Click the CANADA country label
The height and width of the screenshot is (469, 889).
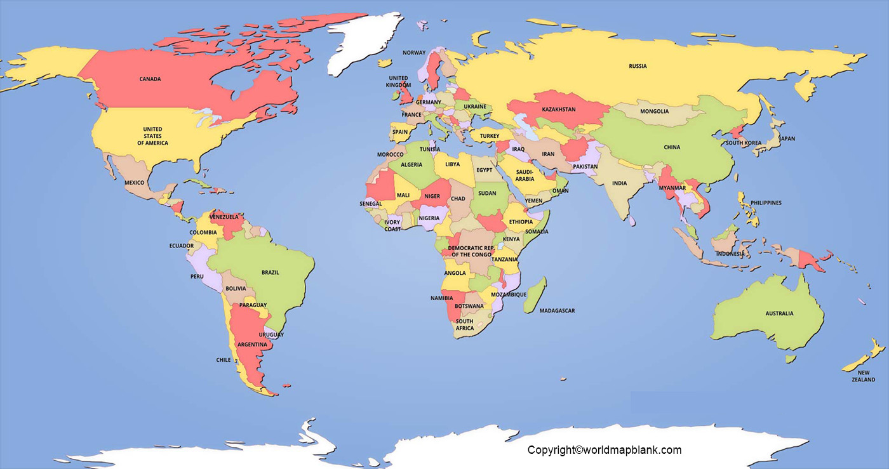point(150,79)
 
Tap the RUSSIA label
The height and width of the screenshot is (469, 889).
point(638,66)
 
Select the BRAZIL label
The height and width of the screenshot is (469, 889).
point(270,272)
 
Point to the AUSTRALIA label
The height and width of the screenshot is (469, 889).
point(779,313)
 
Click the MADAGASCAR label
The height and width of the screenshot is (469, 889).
point(557,310)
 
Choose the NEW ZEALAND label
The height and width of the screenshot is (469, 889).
point(863,376)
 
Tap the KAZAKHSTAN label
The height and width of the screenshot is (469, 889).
point(558,109)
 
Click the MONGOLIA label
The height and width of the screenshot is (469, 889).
point(654,111)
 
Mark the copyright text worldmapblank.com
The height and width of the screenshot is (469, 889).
point(604,450)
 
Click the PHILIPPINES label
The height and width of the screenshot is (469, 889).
point(766,203)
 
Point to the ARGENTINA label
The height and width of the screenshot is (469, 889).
point(251,344)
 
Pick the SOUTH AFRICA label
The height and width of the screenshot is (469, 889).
point(464,324)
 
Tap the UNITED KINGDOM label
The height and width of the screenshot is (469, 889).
point(399,81)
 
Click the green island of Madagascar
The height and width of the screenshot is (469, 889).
point(535,294)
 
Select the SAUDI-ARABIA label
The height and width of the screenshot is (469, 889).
point(525,175)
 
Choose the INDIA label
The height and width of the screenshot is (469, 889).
point(619,183)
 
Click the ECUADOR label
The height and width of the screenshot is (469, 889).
point(181,246)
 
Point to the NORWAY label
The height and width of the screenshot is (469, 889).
point(414,53)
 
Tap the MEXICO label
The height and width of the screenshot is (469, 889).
point(134,183)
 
